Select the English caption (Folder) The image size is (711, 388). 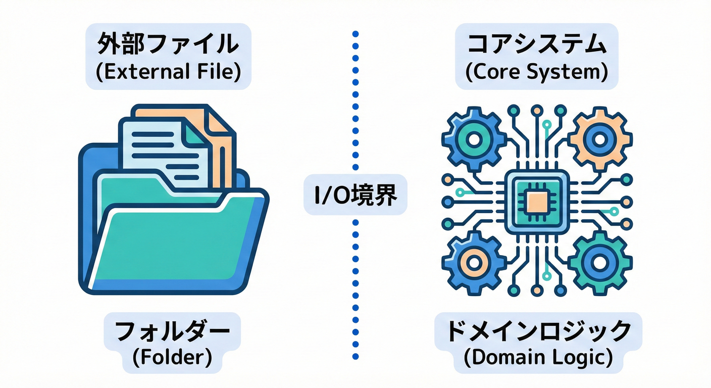172,357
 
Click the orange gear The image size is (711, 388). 599,137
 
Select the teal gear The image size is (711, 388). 599,263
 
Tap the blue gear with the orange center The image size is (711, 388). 474,263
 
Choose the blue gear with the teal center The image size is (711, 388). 474,137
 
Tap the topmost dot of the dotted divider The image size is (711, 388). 355,34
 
